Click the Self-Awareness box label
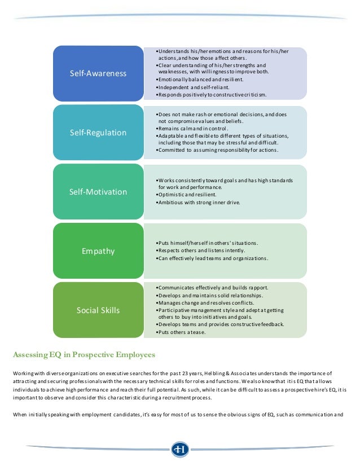[x=98, y=74]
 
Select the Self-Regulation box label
[x=98, y=133]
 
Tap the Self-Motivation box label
[x=98, y=192]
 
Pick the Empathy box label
[x=98, y=251]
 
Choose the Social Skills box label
[x=98, y=310]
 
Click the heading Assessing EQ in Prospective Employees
[x=84, y=355]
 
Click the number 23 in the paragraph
[x=234, y=373]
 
